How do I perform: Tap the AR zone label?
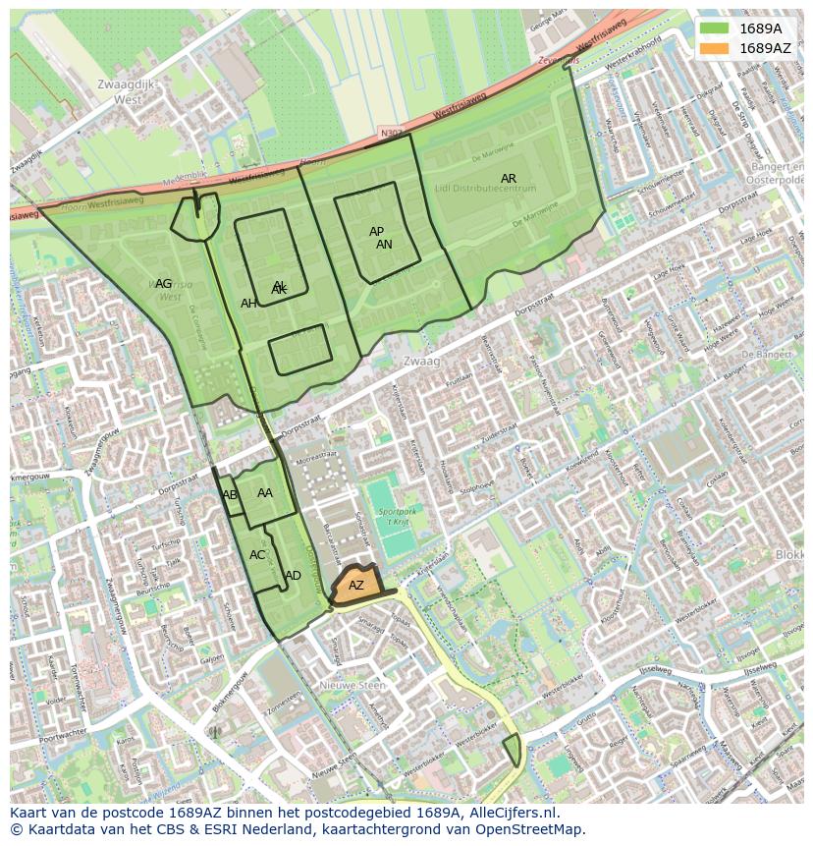(509, 179)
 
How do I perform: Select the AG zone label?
(163, 284)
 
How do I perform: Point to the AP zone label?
(376, 232)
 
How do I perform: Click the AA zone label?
(265, 493)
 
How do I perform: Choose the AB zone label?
(230, 495)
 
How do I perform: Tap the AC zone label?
(257, 555)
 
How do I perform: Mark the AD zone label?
(293, 576)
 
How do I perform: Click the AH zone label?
(248, 304)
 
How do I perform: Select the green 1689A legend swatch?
(716, 28)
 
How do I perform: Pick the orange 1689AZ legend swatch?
(716, 48)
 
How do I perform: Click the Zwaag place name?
(423, 362)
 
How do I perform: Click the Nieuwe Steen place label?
(353, 686)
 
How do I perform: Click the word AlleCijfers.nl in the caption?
(510, 813)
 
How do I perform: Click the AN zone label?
(384, 245)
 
